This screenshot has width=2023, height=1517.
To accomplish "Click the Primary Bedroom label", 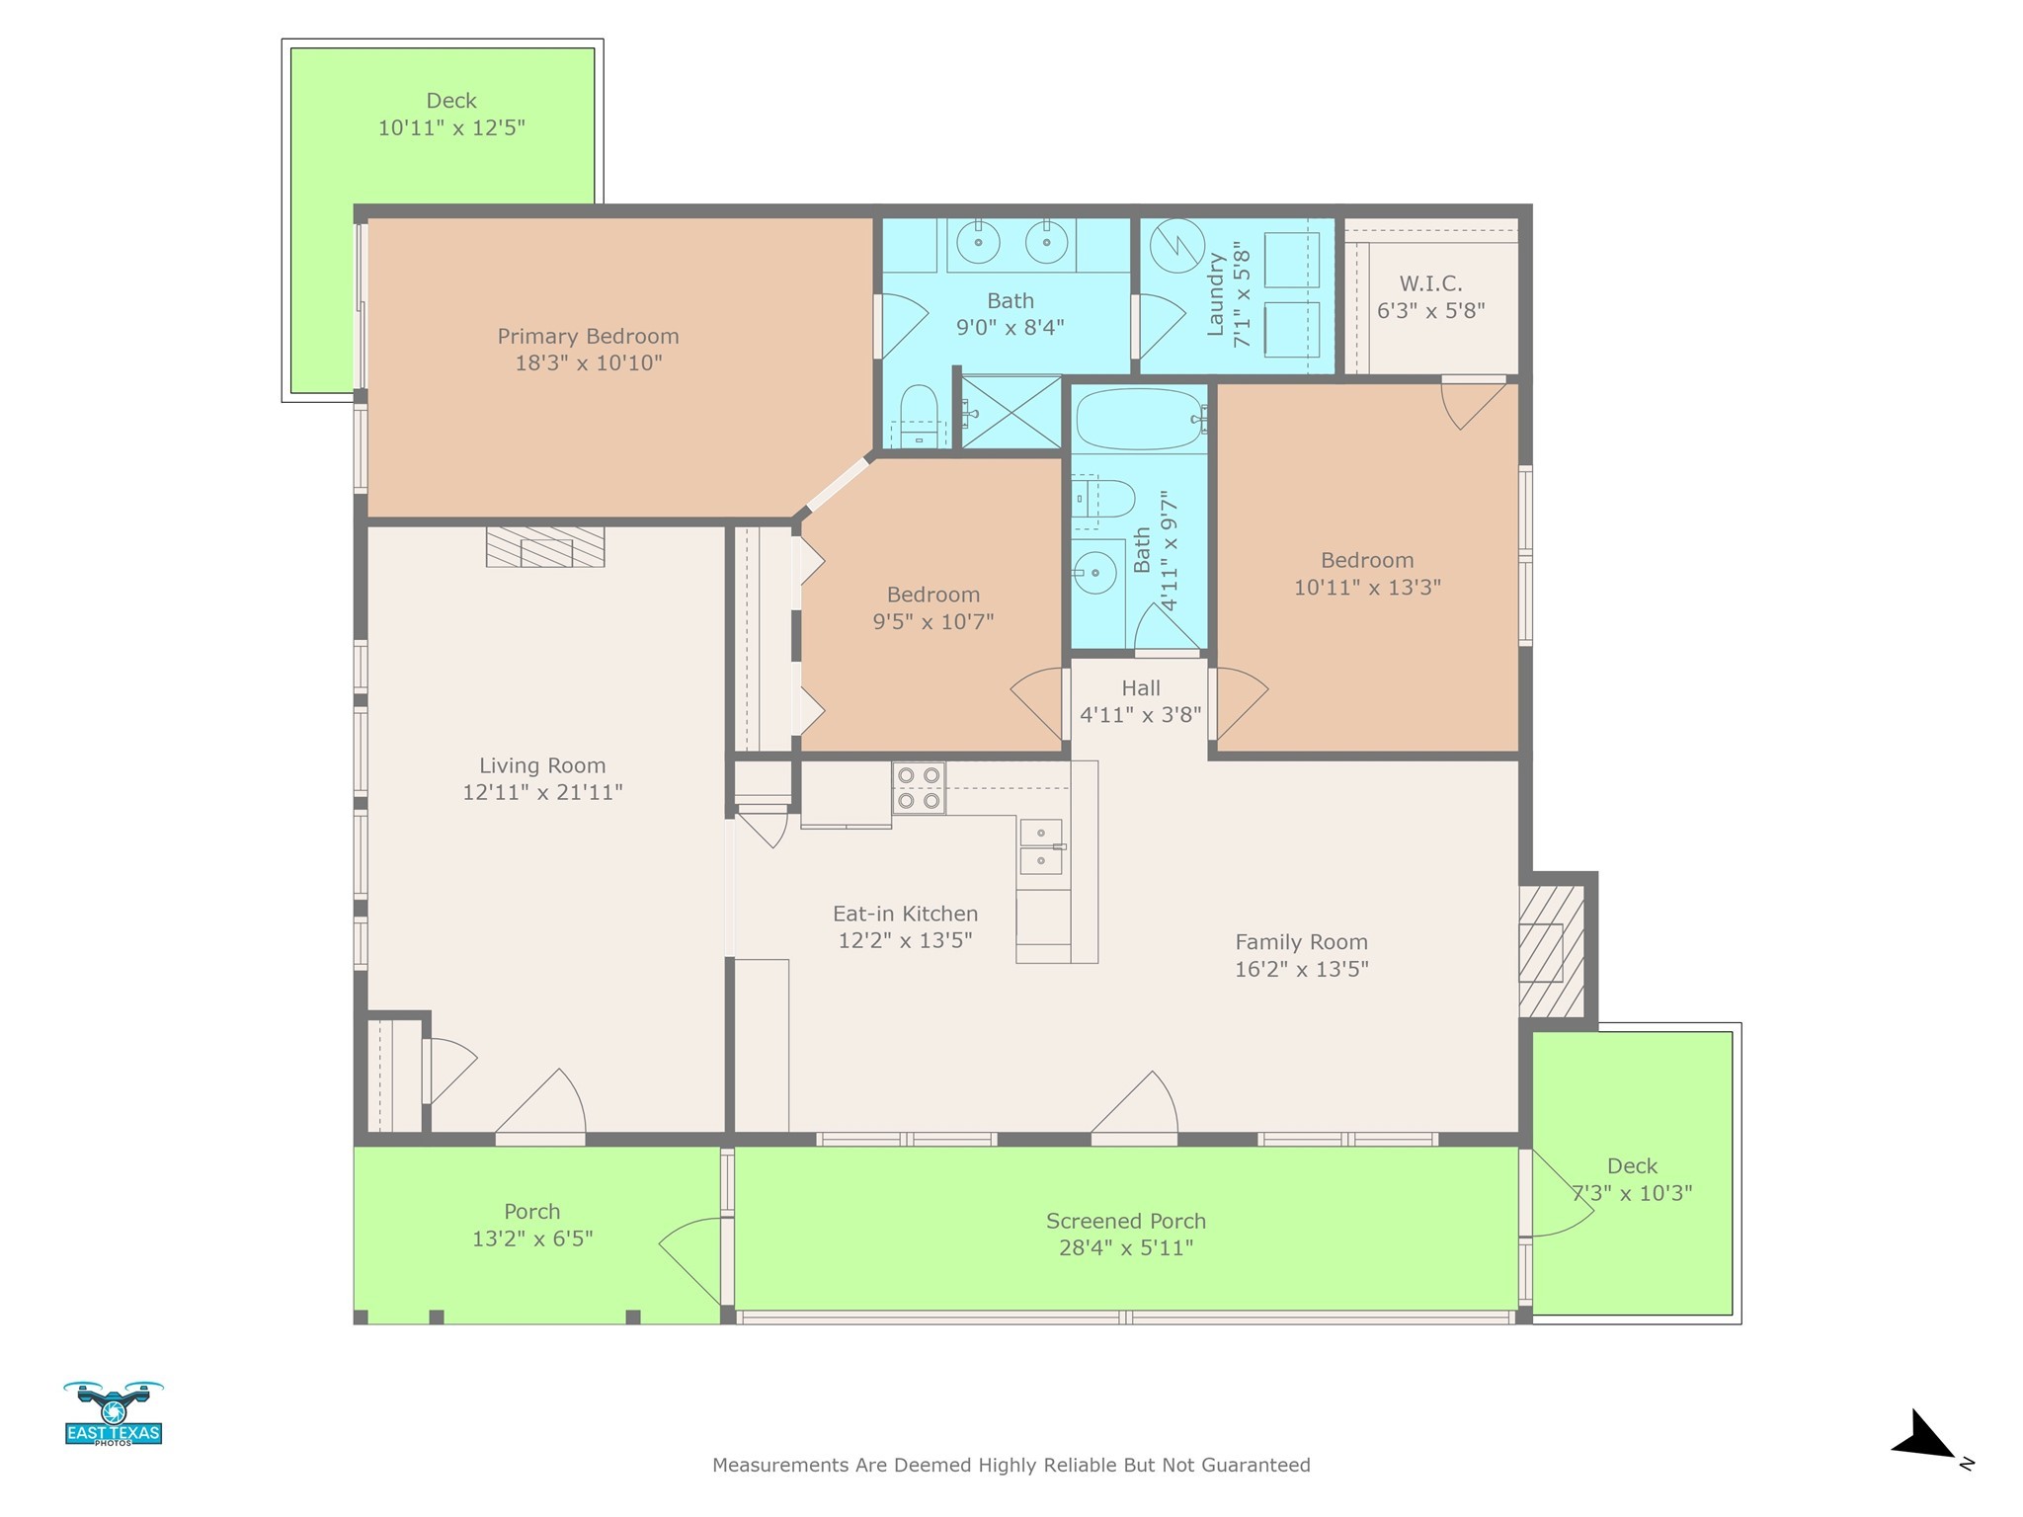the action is click(x=588, y=337).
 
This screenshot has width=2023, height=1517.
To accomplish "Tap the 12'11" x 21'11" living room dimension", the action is click(x=542, y=792).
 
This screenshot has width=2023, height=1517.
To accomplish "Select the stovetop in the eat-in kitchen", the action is click(x=919, y=788).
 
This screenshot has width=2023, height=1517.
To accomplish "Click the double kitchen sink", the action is click(x=1040, y=846).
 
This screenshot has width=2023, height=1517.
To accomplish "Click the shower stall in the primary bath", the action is click(x=1011, y=411).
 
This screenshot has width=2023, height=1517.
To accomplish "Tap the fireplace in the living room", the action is click(x=545, y=546).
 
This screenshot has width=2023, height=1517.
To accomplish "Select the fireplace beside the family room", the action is click(x=1552, y=950).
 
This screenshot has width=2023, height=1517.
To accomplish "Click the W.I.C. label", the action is click(x=1431, y=284).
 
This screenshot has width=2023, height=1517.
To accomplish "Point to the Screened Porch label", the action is click(x=1126, y=1222).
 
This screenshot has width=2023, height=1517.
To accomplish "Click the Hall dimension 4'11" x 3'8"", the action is click(x=1141, y=715).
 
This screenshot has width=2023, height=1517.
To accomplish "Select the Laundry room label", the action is click(x=1216, y=294).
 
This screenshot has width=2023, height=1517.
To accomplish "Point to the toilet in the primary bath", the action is click(x=919, y=418).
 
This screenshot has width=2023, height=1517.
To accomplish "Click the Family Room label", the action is click(x=1301, y=942).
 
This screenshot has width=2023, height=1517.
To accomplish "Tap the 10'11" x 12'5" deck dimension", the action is click(x=451, y=128).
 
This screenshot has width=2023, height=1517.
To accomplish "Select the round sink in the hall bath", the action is click(x=1094, y=572).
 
